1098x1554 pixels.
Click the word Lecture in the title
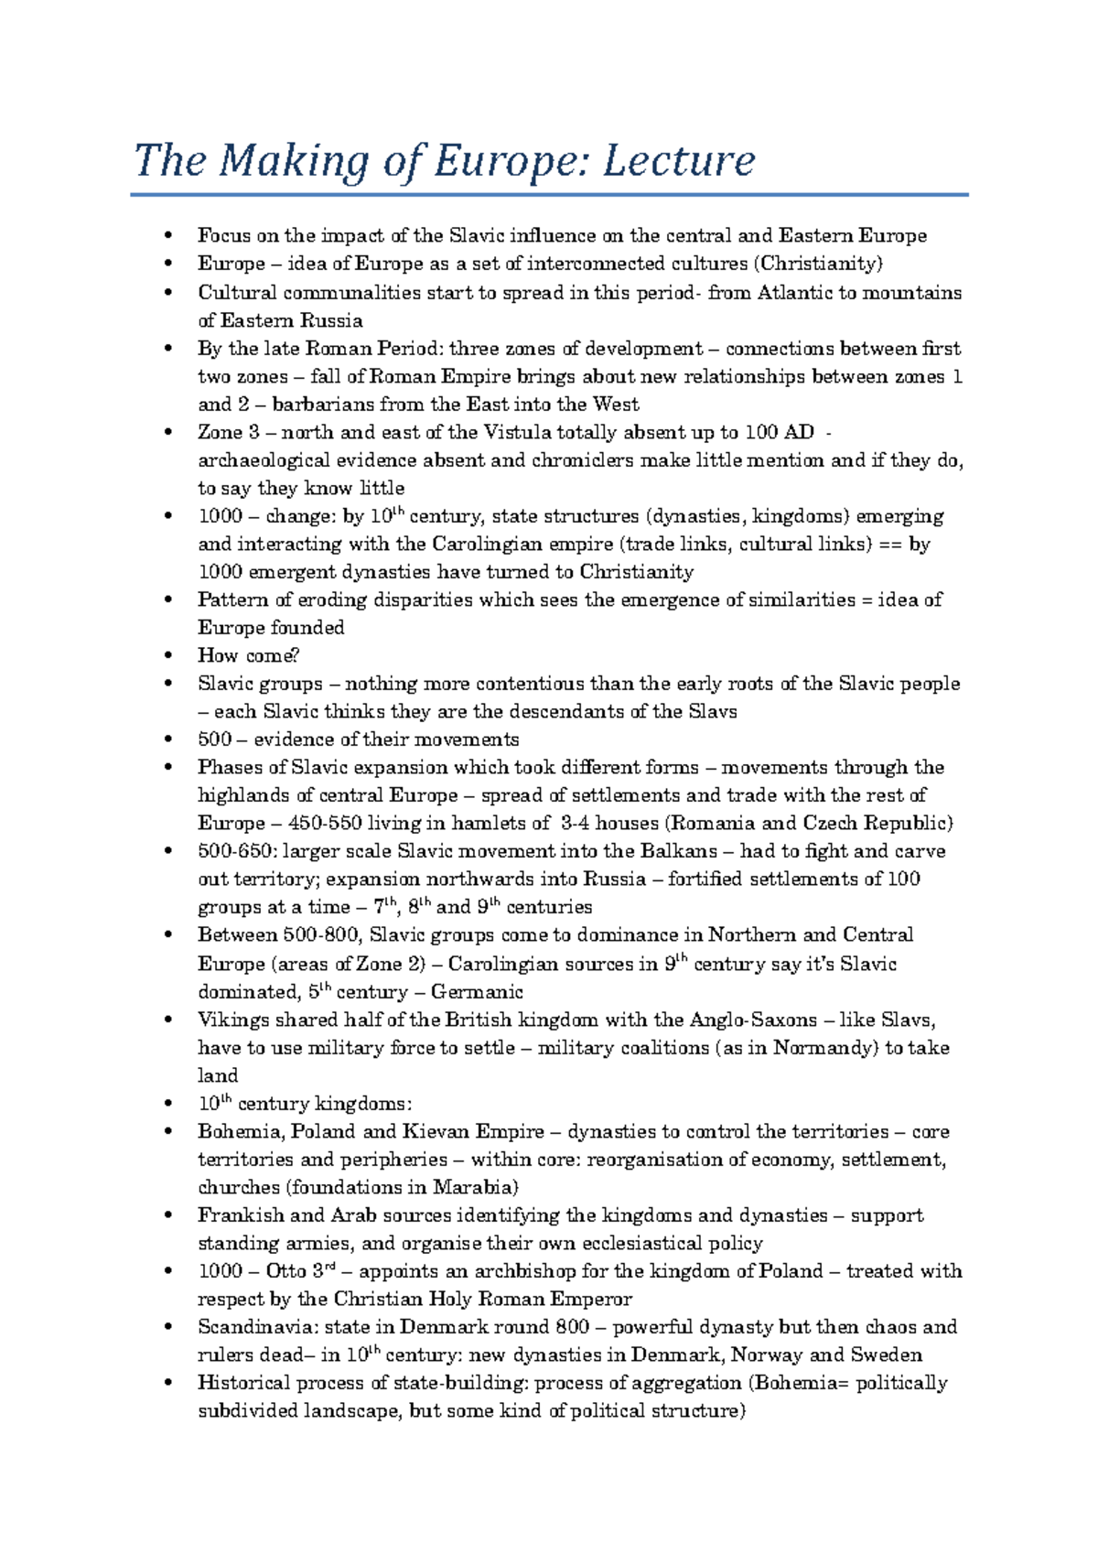pyautogui.click(x=678, y=161)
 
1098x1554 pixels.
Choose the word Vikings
pyautogui.click(x=233, y=1020)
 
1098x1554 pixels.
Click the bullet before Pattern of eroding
pyautogui.click(x=167, y=600)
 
